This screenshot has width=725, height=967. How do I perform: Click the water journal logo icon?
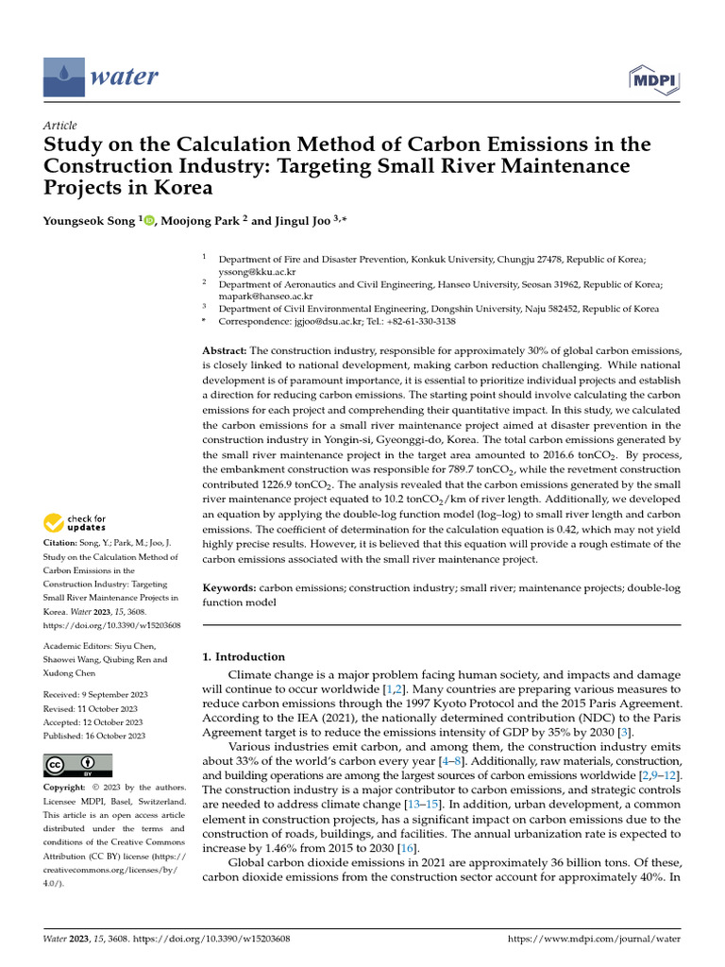tap(62, 74)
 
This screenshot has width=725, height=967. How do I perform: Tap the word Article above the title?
tap(60, 126)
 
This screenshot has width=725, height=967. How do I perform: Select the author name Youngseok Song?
tap(91, 220)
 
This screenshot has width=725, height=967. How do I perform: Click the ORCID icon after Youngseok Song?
tap(146, 220)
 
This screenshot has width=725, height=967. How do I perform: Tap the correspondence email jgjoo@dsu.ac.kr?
tap(320, 321)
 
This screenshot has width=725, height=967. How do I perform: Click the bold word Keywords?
tap(229, 587)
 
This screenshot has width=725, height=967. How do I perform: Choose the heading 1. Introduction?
tap(244, 656)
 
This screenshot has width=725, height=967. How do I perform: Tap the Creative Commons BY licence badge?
tap(77, 765)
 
